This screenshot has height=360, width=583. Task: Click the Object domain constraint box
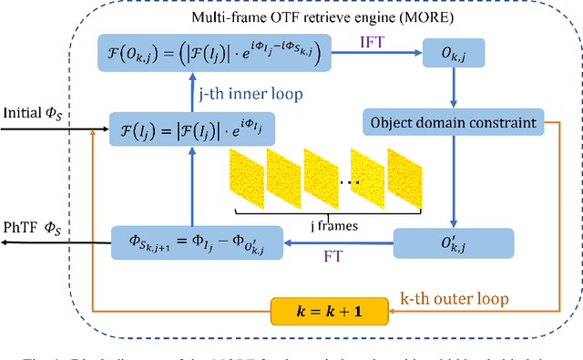[453, 120]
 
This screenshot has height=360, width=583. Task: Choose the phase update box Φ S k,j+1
[189, 242]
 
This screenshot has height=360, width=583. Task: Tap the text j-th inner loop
[252, 94]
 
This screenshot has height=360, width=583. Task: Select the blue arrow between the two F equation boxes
[189, 94]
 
